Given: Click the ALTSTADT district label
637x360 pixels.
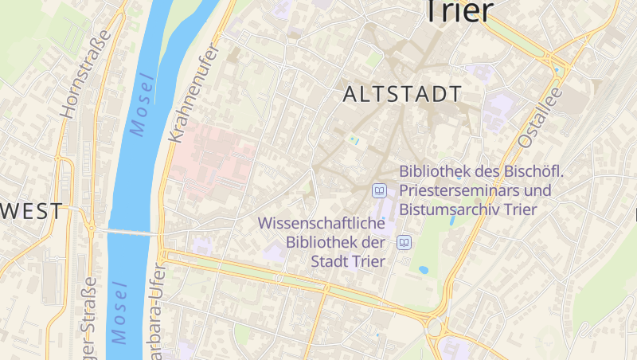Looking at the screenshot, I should coord(401,94).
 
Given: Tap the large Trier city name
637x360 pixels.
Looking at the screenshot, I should coord(459,11).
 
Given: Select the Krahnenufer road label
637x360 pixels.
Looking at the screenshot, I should coord(191,93).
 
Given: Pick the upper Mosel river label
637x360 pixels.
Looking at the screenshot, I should coord(141,104).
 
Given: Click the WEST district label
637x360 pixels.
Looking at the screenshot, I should coord(32,211).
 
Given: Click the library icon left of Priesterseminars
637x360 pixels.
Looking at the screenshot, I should coord(380,190).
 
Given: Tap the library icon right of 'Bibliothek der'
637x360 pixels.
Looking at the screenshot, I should coord(404,242).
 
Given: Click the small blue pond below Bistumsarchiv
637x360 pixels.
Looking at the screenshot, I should coord(424,270).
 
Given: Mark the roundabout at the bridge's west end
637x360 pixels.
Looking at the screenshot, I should coord(91,228).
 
